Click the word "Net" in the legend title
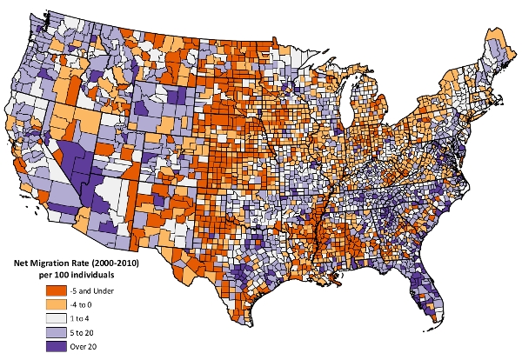click(x=23, y=262)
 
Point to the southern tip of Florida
click(x=432, y=318)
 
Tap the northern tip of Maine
click(x=499, y=27)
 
